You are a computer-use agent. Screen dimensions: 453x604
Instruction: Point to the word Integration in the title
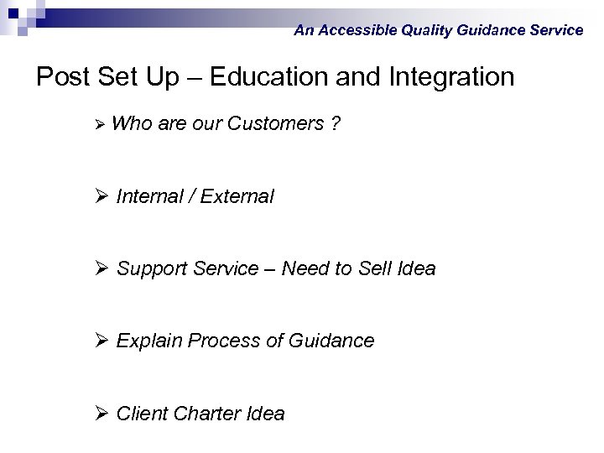coord(451,77)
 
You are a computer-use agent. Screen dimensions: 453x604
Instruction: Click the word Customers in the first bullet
coord(275,124)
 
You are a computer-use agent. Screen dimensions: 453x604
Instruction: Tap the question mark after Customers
coord(336,124)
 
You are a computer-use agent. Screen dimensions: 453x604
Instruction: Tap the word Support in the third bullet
coord(152,268)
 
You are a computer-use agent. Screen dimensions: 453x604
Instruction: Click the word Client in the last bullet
coord(140,414)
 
